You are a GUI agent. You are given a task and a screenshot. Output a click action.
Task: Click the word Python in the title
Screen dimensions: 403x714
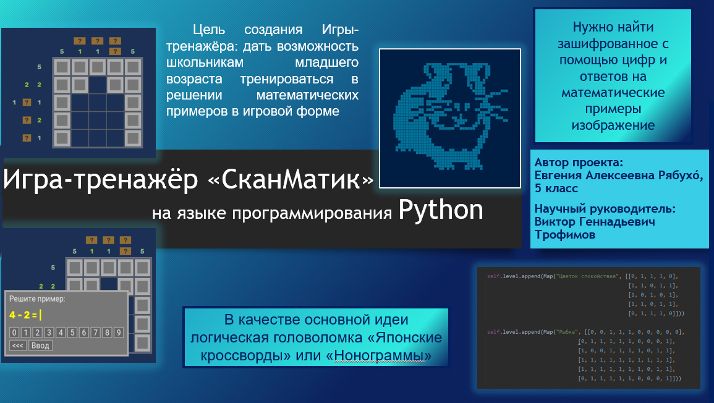point(440,211)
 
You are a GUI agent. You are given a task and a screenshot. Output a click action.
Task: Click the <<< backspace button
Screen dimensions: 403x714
point(18,346)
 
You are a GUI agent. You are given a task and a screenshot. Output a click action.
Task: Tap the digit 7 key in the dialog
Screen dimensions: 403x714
point(96,333)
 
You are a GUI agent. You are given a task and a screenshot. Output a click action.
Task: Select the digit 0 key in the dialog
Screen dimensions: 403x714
point(14,333)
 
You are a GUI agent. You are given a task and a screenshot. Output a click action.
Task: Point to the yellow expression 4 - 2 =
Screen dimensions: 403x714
point(24,315)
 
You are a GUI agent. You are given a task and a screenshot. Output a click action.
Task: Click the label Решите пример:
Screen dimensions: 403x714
point(36,299)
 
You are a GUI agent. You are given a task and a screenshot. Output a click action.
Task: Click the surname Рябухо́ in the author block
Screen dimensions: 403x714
point(674,175)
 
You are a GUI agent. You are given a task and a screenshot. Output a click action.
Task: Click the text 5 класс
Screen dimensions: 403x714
point(556,188)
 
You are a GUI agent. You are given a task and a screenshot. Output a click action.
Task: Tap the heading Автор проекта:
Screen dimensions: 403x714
point(579,162)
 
